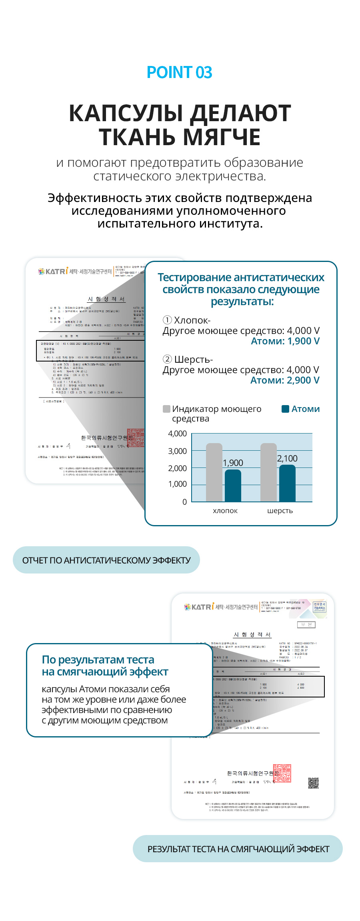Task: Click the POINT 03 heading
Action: (180, 72)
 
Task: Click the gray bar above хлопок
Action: (214, 472)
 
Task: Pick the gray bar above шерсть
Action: (268, 472)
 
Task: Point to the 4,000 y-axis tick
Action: (178, 434)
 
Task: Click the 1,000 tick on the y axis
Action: (178, 484)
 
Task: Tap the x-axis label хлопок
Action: (225, 511)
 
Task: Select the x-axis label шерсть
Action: (280, 511)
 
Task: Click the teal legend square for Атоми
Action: (286, 409)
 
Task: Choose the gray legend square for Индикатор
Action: (166, 409)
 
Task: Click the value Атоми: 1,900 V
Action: (285, 341)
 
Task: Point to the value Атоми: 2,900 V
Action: (285, 380)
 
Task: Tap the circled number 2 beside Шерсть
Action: (167, 360)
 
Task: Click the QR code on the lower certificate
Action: (313, 783)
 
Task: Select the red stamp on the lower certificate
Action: (282, 773)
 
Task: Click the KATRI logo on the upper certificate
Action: (54, 272)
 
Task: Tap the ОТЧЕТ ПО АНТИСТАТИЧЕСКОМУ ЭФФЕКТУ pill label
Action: (106, 560)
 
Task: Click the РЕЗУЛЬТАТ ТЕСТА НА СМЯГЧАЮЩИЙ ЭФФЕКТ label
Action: (238, 849)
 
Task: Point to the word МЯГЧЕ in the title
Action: (222, 137)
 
